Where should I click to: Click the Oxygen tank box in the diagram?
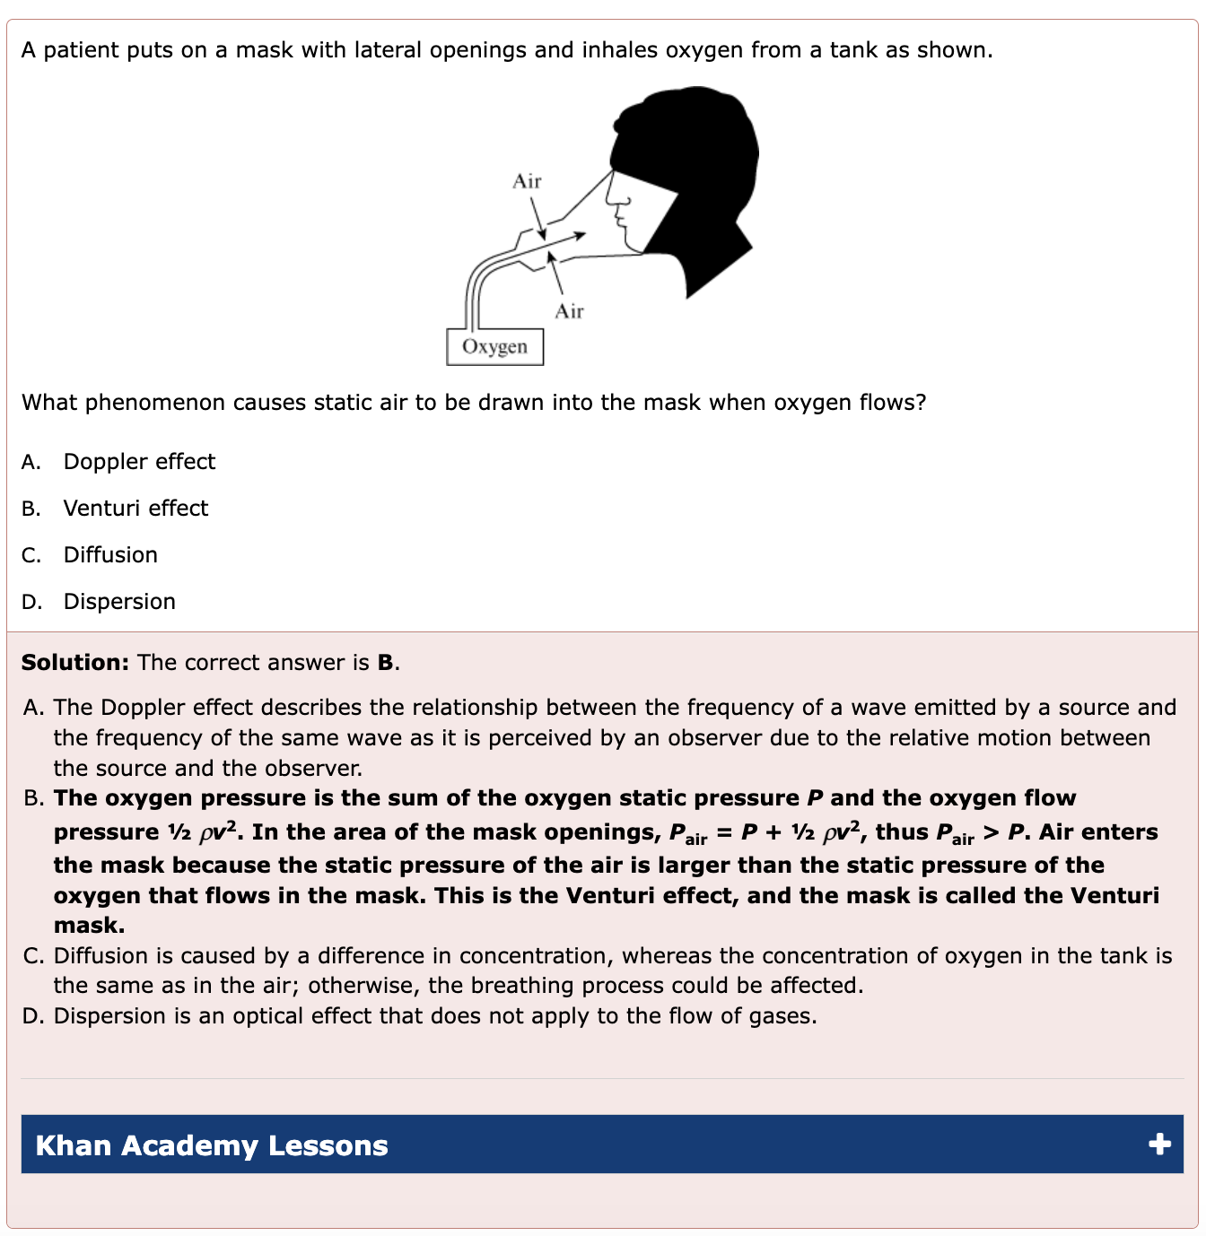(494, 347)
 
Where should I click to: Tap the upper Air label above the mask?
(527, 181)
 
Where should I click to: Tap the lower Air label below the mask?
(569, 311)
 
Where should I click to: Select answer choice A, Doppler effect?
(139, 461)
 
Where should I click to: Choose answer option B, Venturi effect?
(135, 508)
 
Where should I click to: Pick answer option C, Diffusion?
(110, 554)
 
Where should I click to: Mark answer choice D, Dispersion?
(119, 601)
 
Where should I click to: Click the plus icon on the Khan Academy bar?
(1159, 1144)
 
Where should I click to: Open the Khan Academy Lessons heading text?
(212, 1145)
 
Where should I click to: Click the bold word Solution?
(76, 662)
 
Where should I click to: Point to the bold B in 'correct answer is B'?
(385, 662)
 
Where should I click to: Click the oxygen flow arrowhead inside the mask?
(580, 236)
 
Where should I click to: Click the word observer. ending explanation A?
(318, 768)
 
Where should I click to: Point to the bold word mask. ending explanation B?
(89, 925)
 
